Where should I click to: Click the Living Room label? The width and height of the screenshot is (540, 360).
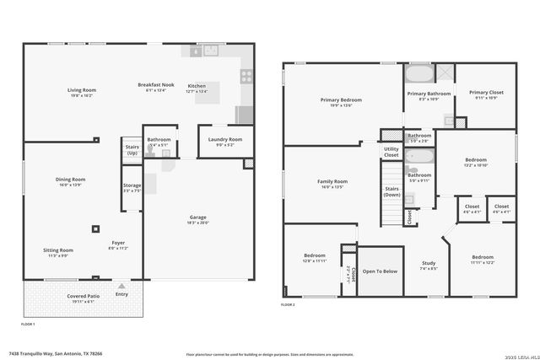click(82, 90)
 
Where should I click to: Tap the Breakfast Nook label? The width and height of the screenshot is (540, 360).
click(156, 85)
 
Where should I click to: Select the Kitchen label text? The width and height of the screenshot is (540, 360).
click(197, 86)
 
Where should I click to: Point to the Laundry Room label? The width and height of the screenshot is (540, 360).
click(224, 139)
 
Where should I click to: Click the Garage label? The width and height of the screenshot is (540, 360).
click(198, 218)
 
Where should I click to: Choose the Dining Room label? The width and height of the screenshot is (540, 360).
click(71, 179)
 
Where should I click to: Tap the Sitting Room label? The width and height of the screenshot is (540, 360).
click(59, 250)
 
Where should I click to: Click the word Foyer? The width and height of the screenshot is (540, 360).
click(118, 243)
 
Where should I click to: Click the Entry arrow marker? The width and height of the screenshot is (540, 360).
click(121, 286)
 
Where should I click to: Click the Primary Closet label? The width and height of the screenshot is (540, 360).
click(486, 93)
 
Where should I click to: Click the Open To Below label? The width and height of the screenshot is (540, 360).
click(381, 271)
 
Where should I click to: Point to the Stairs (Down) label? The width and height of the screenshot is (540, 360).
click(391, 191)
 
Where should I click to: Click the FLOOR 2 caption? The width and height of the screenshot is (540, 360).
click(288, 304)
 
